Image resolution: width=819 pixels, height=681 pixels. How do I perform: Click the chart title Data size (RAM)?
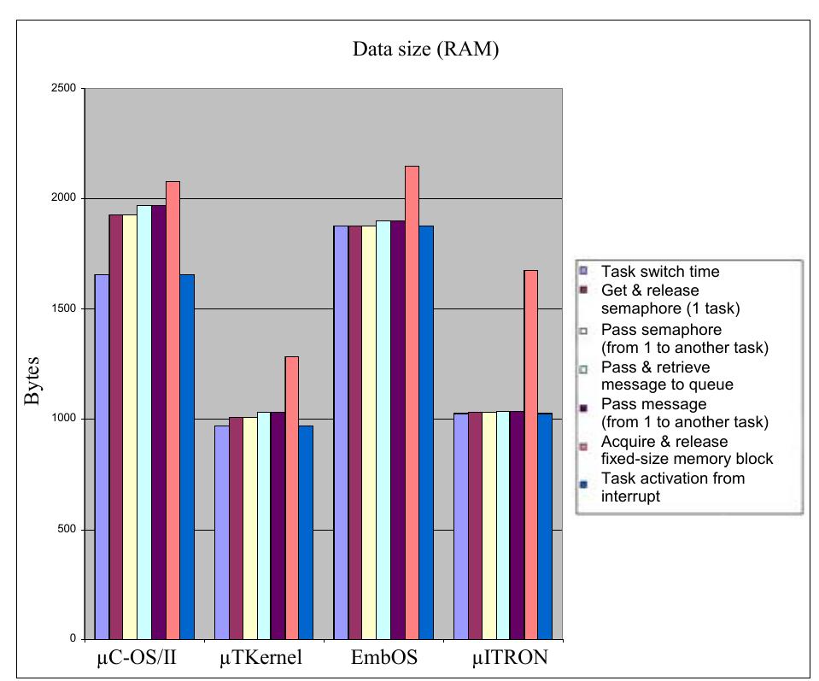[425, 50]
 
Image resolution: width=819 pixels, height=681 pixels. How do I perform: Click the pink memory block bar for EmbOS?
[412, 402]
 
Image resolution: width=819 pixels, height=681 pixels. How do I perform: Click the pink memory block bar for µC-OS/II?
[173, 410]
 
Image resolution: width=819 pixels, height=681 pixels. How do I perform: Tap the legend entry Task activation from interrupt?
[672, 487]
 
